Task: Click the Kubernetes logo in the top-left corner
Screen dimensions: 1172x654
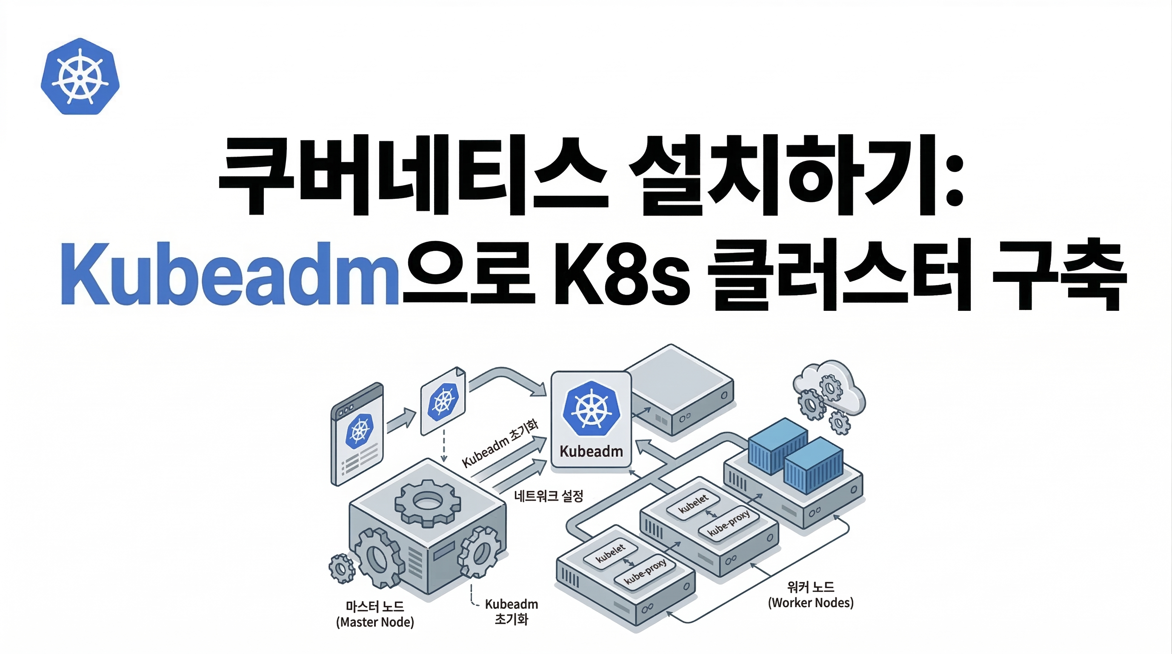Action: [80, 77]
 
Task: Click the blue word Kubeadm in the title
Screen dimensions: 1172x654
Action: [230, 273]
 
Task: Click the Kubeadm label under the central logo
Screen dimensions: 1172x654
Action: [591, 451]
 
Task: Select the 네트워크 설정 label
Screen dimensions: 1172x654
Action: [548, 496]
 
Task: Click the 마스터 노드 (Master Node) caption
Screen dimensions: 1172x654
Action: [375, 614]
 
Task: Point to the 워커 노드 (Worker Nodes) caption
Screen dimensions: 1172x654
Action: [811, 595]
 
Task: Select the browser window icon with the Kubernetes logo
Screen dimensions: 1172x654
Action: [357, 434]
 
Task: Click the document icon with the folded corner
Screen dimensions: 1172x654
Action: [443, 401]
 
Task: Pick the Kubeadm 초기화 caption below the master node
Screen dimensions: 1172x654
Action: [512, 612]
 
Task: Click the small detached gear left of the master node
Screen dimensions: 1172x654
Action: [342, 568]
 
